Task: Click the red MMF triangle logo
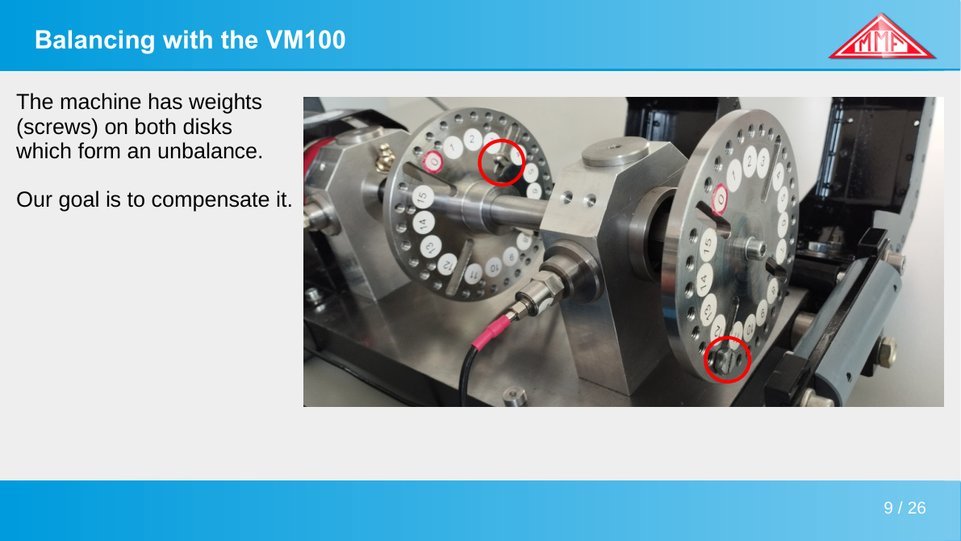coord(881,37)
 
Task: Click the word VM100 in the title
coord(306,40)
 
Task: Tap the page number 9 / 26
coord(905,508)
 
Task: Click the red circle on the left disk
coord(501,162)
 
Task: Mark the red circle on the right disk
coord(727,359)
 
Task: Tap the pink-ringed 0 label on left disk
coord(433,162)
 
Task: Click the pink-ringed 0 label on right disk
coord(720,200)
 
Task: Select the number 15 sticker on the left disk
coord(422,198)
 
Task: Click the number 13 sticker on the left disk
coord(430,246)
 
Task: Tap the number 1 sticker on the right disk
coord(734,174)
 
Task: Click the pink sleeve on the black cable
coord(491,333)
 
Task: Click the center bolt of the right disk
coord(754,250)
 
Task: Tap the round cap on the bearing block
coord(615,152)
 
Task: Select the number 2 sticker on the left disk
coord(472,140)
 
